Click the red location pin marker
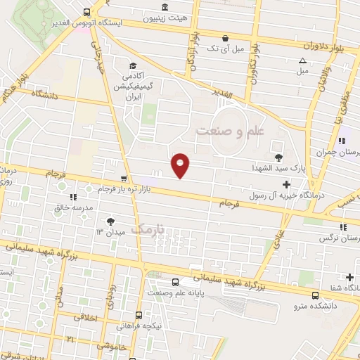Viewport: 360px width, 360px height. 181,165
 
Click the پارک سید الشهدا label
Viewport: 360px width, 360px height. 278,169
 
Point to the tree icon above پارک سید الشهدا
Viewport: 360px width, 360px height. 278,157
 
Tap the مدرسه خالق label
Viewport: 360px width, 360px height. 74,208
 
